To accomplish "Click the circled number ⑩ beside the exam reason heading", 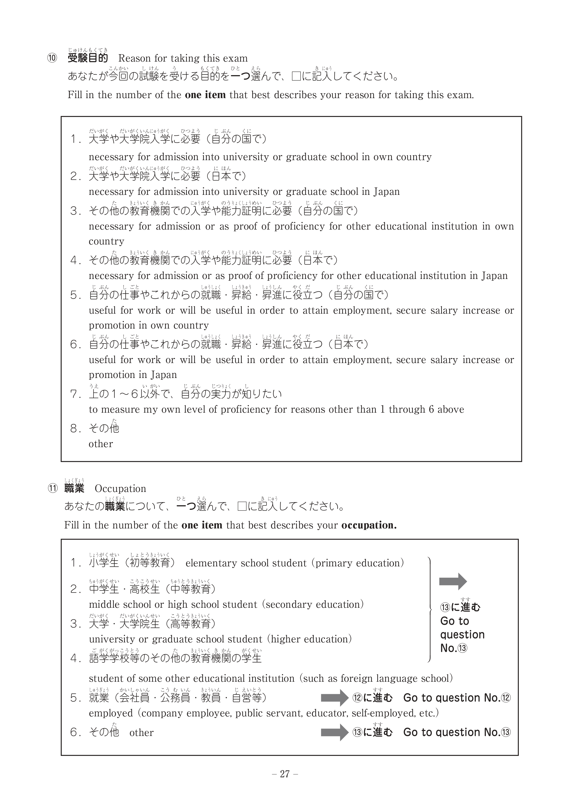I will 52,58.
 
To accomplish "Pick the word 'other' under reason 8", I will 101,444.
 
